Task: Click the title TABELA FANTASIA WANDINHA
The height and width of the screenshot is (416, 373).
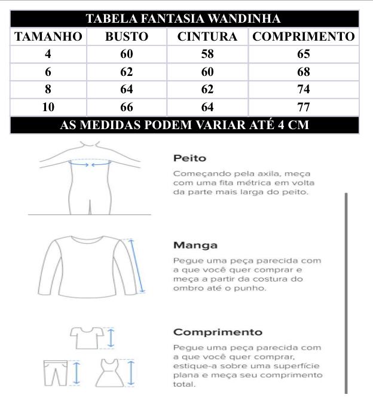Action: coord(184,19)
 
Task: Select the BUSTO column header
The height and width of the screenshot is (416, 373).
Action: coord(127,36)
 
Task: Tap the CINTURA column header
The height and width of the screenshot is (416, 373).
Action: coord(207,36)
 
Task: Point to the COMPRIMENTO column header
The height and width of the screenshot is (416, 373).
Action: coord(303,36)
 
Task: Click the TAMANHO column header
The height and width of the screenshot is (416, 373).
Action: coord(48,36)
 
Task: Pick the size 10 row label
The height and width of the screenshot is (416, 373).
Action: coord(48,108)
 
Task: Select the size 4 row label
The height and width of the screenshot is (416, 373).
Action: coord(48,54)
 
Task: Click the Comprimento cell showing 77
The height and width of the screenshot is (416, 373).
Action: coord(303,108)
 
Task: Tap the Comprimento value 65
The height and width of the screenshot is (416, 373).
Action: coord(303,54)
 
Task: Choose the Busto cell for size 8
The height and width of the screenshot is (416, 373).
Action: coord(127,90)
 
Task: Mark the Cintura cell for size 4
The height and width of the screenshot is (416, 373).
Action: coord(207,54)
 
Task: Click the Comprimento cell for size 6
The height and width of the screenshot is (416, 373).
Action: coord(303,72)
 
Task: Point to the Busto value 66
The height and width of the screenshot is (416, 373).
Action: coord(127,108)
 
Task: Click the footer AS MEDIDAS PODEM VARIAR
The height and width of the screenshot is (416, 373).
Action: coord(184,126)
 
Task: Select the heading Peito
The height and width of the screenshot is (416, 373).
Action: coord(189,158)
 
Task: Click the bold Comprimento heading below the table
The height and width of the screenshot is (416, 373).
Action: coord(218,332)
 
